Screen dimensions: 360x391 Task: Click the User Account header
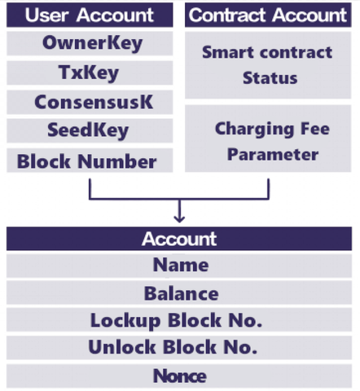point(90,15)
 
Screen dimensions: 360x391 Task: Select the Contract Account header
point(268,15)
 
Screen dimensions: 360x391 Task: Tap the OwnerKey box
point(90,43)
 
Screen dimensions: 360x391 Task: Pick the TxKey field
point(90,72)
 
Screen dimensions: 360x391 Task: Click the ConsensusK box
point(90,102)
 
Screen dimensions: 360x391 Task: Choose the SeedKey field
point(90,130)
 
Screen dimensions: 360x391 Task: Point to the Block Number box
point(90,160)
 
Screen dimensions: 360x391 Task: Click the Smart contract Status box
point(268,65)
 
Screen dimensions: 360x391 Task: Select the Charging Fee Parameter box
point(268,138)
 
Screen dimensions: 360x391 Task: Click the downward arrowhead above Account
point(179,219)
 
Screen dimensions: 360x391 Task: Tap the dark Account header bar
point(179,239)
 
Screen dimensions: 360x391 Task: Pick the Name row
point(179,266)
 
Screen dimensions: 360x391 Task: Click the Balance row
point(179,292)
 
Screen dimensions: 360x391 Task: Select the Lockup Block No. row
point(179,320)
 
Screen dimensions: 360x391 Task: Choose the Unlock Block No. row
point(179,348)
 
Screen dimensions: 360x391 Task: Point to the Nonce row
point(179,376)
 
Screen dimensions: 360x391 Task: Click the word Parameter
point(273,155)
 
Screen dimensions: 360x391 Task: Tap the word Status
point(270,78)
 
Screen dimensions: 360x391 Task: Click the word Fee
point(315,129)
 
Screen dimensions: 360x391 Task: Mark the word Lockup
point(125,321)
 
